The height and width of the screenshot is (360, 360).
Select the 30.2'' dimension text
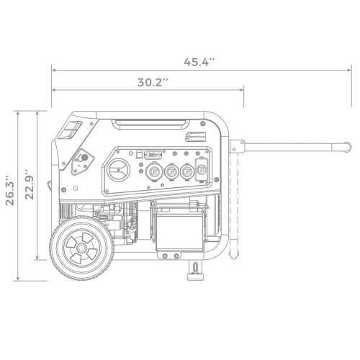coord(153,81)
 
